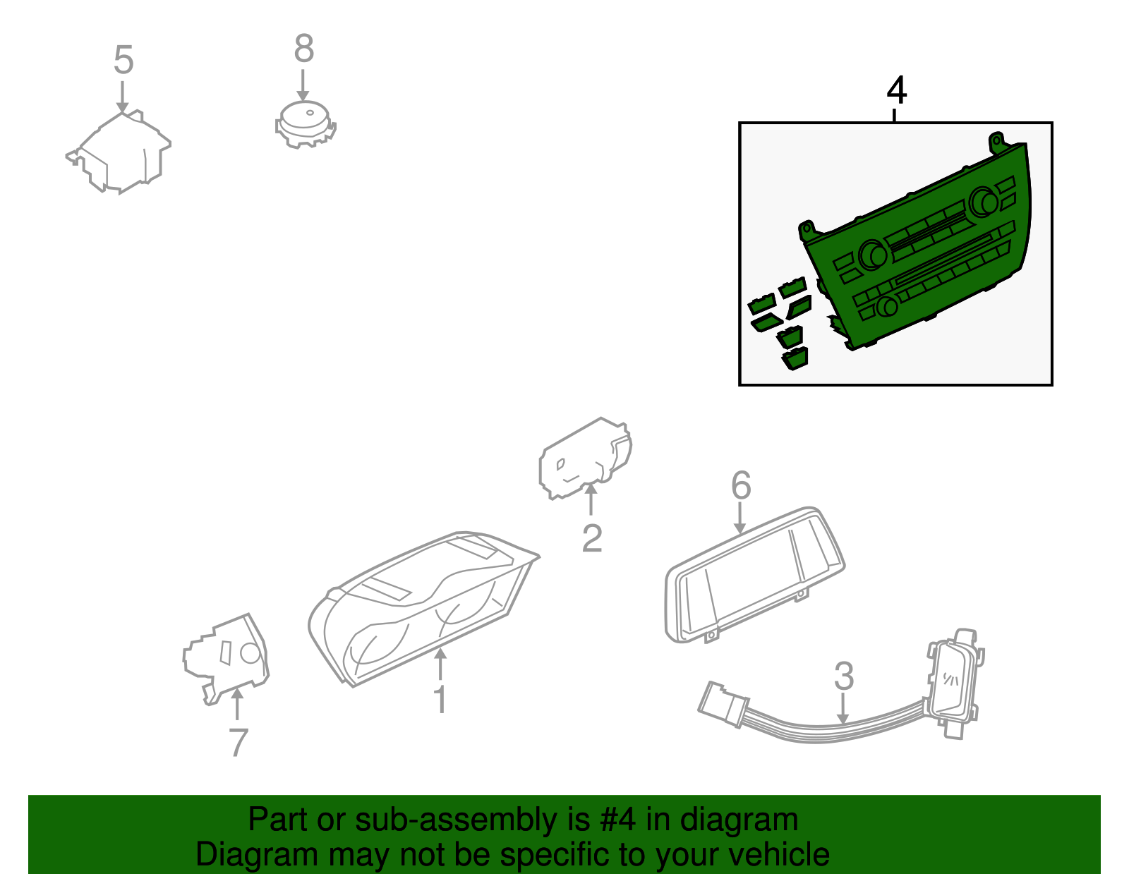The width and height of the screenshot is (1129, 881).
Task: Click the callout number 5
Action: (x=123, y=59)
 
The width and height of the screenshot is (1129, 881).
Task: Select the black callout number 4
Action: (x=896, y=90)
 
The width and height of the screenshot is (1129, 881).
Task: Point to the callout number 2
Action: (x=592, y=538)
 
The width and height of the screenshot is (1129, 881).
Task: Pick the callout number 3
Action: (x=844, y=676)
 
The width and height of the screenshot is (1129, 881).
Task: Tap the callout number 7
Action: (x=239, y=742)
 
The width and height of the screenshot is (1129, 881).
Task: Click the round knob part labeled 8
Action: (x=305, y=124)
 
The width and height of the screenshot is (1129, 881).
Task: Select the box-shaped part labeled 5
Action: (x=119, y=152)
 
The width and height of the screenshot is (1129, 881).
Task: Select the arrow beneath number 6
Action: (x=740, y=518)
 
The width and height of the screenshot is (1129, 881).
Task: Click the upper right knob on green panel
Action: (x=983, y=202)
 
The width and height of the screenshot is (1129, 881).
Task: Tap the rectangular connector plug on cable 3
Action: (x=723, y=704)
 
